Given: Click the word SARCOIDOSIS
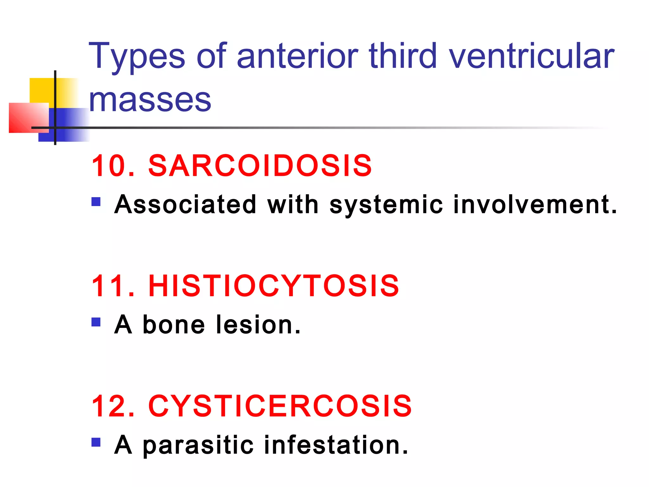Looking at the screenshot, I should [260, 166].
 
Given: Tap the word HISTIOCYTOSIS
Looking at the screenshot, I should [273, 286].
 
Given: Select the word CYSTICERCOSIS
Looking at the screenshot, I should [280, 406].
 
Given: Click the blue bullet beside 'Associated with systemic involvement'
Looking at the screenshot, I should [96, 202].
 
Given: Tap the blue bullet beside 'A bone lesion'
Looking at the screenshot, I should [96, 322].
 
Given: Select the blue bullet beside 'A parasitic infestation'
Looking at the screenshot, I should [96, 442].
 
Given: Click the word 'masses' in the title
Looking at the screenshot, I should [150, 100].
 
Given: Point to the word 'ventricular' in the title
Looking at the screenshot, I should [531, 56].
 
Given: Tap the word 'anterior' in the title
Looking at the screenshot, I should [297, 56].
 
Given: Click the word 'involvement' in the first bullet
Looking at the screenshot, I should [535, 205].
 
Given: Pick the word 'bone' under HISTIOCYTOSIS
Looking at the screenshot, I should [174, 325].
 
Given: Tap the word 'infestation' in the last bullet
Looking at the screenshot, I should [336, 445].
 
